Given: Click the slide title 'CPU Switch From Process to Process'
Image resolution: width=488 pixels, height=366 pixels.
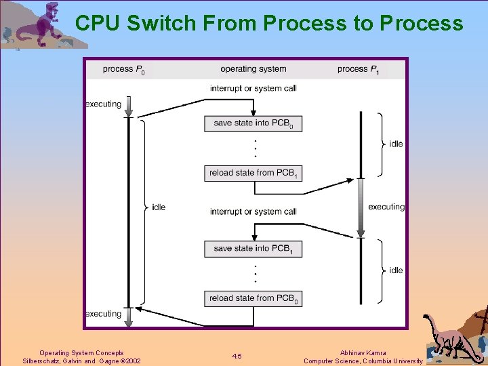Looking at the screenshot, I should pos(269,23).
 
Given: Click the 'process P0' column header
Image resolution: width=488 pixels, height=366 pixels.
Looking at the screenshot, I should pos(123,69).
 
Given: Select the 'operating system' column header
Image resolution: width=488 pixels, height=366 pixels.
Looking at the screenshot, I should pos(253,68).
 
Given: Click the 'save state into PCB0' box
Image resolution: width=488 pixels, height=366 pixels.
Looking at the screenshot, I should pos(253,123).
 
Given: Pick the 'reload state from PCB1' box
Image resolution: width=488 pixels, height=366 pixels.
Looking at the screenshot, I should pos(253,173).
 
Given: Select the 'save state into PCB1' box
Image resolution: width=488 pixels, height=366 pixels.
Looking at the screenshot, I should pos(253,249).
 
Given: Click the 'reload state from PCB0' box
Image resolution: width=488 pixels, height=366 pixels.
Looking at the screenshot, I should pos(253,298).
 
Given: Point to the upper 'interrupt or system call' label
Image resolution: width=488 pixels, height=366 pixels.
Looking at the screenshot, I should pos(253,88).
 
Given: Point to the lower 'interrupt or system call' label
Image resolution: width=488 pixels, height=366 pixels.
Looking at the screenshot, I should pos(253,211).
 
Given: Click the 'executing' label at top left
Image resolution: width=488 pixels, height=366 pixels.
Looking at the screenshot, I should pos(103,104).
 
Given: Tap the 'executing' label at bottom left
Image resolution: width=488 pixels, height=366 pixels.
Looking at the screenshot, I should pos(103,314).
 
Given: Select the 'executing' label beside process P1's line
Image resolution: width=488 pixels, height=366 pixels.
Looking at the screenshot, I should pos(386,207).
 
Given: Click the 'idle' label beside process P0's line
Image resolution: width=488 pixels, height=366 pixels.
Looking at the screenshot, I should pos(159,207).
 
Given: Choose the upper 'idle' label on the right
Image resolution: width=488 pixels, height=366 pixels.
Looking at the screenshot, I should pos(396,144).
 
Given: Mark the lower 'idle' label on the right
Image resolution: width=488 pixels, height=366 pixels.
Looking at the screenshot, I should pos(396,270).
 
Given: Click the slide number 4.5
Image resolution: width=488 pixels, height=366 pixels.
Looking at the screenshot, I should pos(237,357).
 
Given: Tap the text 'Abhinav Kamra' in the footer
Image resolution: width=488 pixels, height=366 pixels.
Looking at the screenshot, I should pos(363,352).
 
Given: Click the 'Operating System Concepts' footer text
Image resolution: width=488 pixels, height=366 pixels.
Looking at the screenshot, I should pos(81,352).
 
